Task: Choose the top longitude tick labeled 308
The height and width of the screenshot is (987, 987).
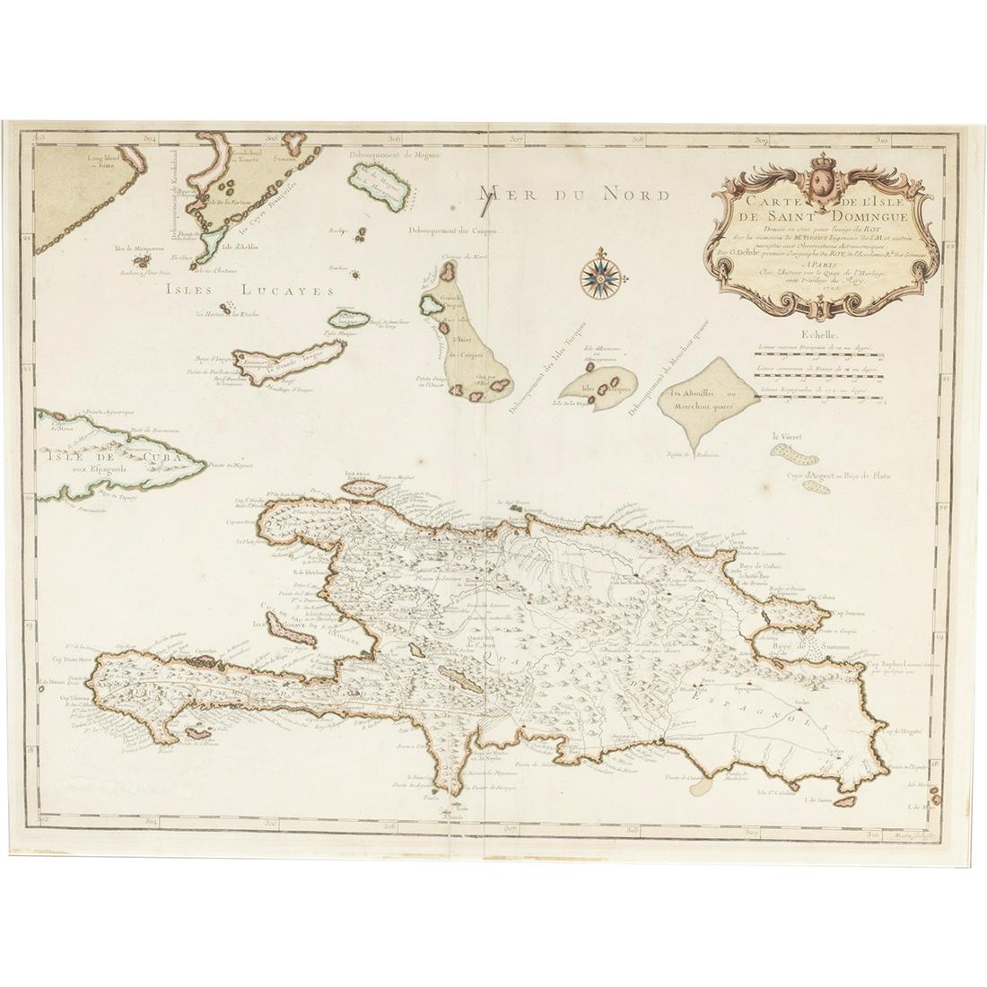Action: coord(635,140)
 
